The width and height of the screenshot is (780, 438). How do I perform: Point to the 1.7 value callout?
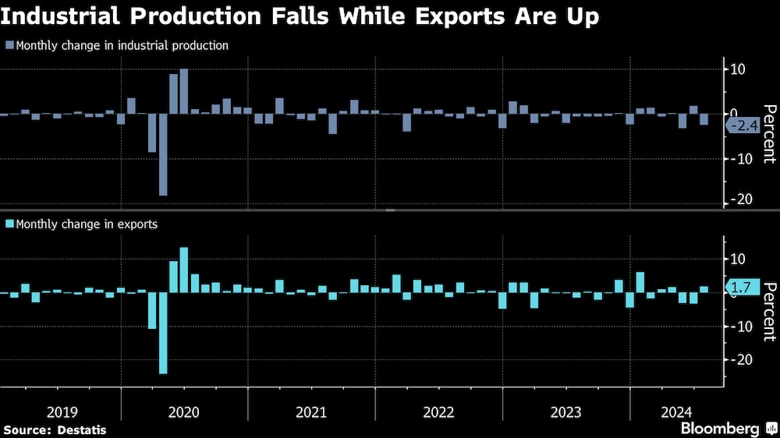(744, 288)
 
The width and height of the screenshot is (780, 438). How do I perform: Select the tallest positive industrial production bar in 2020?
(184, 91)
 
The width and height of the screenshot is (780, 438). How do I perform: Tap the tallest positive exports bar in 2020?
(184, 270)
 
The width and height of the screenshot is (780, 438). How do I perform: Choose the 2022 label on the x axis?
(438, 412)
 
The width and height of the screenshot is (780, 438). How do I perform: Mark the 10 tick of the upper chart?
(738, 69)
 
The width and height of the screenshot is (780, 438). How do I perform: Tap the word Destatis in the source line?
(81, 429)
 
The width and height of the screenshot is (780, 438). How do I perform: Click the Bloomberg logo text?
(720, 429)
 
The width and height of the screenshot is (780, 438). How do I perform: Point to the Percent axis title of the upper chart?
(769, 135)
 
